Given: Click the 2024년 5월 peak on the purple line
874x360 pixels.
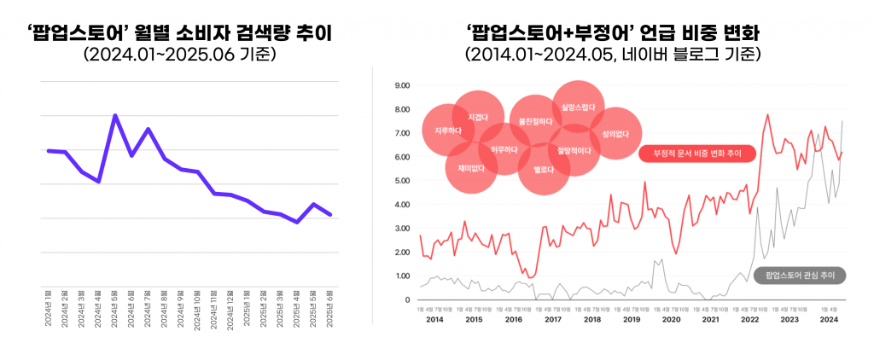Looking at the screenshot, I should [x=115, y=115].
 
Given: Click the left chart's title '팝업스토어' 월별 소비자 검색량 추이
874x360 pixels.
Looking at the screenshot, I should [x=180, y=33].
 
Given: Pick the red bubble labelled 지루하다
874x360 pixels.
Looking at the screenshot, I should [x=447, y=131].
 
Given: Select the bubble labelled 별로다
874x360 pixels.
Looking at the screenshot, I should [x=544, y=170].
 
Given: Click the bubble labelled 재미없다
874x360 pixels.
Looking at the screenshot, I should [x=471, y=168].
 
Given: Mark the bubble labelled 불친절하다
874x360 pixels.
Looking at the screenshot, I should [x=536, y=122].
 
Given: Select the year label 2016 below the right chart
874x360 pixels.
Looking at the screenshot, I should [x=512, y=319].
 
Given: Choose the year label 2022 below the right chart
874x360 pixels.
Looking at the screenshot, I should [x=749, y=319].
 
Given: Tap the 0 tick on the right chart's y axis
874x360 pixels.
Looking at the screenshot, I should [x=407, y=300].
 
